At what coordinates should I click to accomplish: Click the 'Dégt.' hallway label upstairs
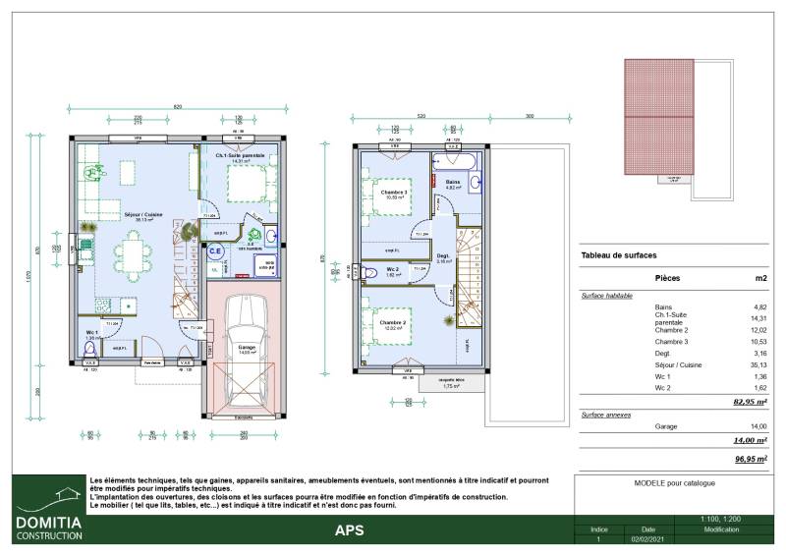pyautogui.click(x=443, y=257)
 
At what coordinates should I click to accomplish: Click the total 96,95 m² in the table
pyautogui.click(x=750, y=458)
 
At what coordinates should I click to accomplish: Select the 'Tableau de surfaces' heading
pyautogui.click(x=619, y=255)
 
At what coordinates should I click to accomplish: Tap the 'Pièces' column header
pyautogui.click(x=667, y=279)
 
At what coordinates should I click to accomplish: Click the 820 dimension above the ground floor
pyautogui.click(x=177, y=105)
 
